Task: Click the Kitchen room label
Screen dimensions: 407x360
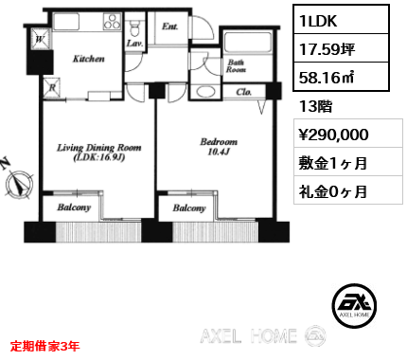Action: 89,59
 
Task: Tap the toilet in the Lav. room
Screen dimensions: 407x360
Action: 135,27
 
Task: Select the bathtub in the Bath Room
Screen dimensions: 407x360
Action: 248,43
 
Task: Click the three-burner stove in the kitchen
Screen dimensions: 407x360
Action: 112,22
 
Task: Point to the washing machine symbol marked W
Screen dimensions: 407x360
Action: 41,39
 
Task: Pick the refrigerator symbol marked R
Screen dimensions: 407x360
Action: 52,87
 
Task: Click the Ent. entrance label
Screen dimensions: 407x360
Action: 170,27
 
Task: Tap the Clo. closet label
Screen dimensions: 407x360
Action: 244,92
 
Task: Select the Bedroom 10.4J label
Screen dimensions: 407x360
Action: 219,147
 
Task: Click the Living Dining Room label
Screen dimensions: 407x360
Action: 98,153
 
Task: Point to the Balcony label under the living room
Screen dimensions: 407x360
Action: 74,207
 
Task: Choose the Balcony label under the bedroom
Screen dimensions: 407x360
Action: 189,208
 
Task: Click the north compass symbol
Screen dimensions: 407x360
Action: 20,184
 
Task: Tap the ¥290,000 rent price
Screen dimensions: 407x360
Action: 333,135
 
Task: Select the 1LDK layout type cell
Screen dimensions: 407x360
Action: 341,20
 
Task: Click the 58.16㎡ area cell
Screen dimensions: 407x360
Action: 341,77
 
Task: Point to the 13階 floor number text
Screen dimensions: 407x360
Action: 315,106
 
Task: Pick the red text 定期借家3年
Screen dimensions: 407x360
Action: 45,347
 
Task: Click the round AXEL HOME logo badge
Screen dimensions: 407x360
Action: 354,305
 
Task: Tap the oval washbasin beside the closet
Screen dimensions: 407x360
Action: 205,92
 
